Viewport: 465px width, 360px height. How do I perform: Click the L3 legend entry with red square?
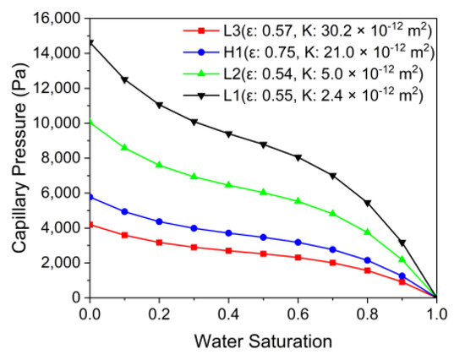click(304, 31)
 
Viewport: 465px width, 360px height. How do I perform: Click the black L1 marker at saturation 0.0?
click(88, 42)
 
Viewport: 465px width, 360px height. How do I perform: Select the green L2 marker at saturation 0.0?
click(88, 121)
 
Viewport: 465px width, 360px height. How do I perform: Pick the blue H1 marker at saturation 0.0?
click(88, 197)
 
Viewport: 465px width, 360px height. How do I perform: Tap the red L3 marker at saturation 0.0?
click(88, 225)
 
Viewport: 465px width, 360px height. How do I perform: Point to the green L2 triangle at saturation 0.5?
click(264, 192)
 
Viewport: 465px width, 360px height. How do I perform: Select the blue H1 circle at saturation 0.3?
click(194, 228)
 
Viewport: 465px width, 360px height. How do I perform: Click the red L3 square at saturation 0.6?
click(298, 257)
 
